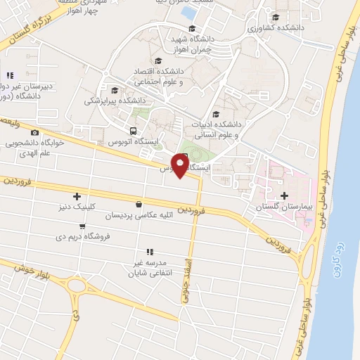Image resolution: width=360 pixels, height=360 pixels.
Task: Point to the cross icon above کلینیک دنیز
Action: pyautogui.click(x=77, y=196)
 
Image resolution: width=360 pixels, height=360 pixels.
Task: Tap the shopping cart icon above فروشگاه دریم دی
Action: pyautogui.click(x=83, y=226)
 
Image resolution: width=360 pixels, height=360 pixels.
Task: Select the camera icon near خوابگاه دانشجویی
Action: pyautogui.click(x=34, y=132)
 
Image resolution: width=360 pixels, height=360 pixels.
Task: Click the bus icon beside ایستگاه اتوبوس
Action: pyautogui.click(x=134, y=131)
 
